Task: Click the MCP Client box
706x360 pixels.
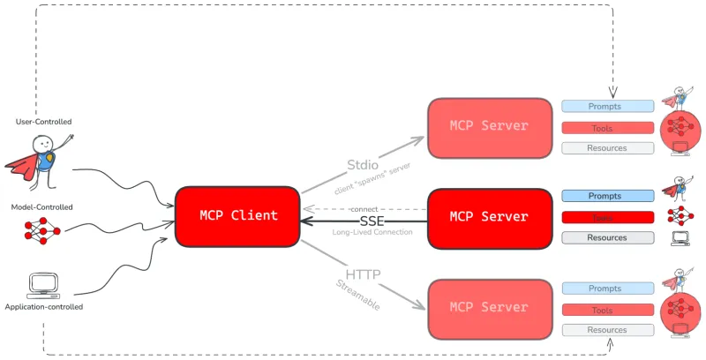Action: [x=237, y=215]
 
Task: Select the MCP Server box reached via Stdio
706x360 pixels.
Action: [x=489, y=126]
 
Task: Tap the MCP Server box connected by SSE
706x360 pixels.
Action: [x=489, y=216]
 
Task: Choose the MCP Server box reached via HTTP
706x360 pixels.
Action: [x=489, y=308]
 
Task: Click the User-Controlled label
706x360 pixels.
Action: [x=44, y=121]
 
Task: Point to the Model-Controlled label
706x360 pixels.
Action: [x=41, y=206]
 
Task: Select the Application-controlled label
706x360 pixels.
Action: [x=44, y=307]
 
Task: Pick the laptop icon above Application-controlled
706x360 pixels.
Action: [x=43, y=284]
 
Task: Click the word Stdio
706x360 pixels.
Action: [x=364, y=164]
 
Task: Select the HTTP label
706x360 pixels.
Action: [x=363, y=275]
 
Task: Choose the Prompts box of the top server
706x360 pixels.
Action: [x=607, y=107]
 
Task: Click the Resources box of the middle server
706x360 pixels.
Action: [x=607, y=237]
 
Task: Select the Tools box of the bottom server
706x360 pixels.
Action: [x=607, y=310]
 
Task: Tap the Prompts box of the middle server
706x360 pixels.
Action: [x=607, y=196]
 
